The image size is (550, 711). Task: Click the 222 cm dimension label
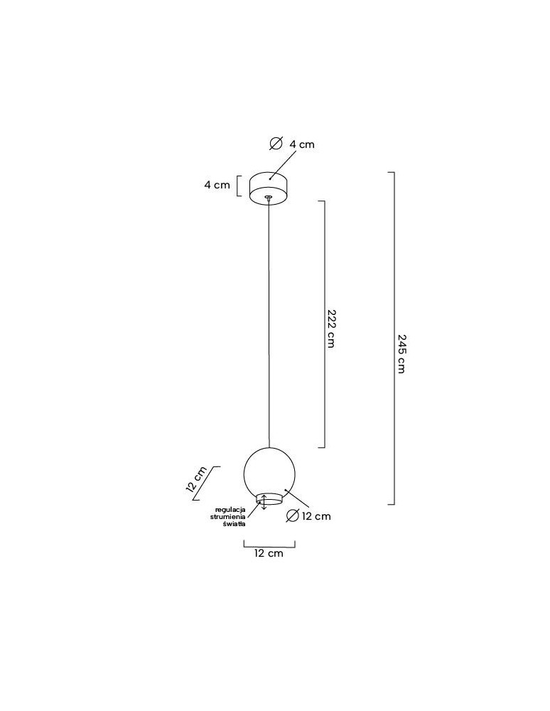tap(330, 328)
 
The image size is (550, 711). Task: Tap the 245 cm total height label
tap(401, 353)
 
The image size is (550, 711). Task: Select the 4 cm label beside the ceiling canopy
tap(217, 185)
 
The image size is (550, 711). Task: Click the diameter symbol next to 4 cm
tap(276, 144)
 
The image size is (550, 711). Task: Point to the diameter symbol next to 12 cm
tap(293, 515)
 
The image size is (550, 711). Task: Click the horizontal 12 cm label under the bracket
tap(269, 553)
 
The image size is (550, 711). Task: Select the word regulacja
tap(230, 510)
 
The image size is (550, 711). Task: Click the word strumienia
tap(228, 517)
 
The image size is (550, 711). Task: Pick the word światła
tap(234, 524)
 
